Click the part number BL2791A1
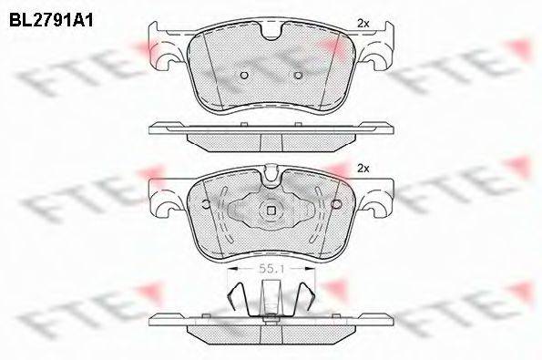[x=51, y=21]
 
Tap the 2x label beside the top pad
[x=363, y=24]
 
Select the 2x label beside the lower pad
[x=363, y=169]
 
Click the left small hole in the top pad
[x=244, y=75]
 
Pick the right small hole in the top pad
[x=298, y=75]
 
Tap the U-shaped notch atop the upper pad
[x=271, y=33]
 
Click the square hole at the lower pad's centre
[x=271, y=211]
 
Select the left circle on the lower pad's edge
[x=206, y=204]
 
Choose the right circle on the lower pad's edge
[x=335, y=204]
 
